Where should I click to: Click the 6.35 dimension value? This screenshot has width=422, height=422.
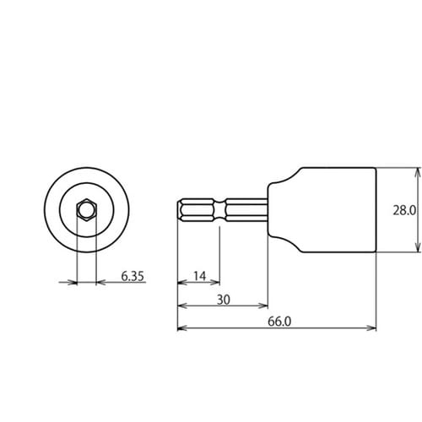pyautogui.click(x=133, y=275)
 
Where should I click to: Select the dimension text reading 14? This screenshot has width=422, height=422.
pyautogui.click(x=198, y=275)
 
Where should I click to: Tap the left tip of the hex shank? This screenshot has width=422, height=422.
pyautogui.click(x=179, y=209)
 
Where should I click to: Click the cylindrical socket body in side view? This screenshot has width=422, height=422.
pyautogui.click(x=333, y=209)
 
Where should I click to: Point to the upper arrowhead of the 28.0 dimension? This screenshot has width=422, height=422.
pyautogui.click(x=417, y=171)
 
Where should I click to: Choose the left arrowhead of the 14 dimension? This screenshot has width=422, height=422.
pyautogui.click(x=181, y=283)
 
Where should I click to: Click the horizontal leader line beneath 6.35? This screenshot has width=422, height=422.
pyautogui.click(x=122, y=283)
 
